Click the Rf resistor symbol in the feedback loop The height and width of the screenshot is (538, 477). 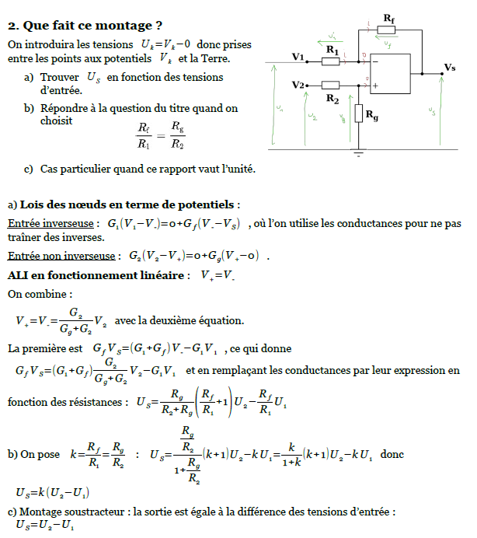pyautogui.click(x=386, y=30)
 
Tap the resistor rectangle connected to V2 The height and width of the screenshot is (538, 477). pyautogui.click(x=331, y=85)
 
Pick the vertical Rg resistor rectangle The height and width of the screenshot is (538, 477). pyautogui.click(x=358, y=114)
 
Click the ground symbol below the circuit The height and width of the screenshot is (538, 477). pyautogui.click(x=358, y=153)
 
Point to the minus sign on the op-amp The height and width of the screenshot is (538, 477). pyautogui.click(x=374, y=61)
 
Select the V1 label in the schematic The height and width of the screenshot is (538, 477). pyautogui.click(x=298, y=57)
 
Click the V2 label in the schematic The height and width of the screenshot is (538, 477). pyautogui.click(x=298, y=84)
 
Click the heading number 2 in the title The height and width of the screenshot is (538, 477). pyautogui.click(x=12, y=25)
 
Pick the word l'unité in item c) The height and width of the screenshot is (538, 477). pyautogui.click(x=233, y=169)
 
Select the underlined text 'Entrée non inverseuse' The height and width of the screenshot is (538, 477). pyautogui.click(x=59, y=256)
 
